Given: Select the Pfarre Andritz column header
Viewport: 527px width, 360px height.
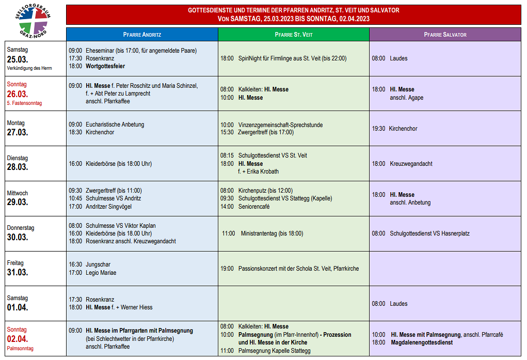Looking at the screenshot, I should tap(142, 35).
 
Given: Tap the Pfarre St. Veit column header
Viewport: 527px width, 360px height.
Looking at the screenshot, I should tap(293, 35).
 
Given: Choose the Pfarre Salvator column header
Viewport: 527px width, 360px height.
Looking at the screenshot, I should tap(445, 35).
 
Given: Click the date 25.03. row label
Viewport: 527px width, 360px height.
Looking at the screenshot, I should tap(18, 59).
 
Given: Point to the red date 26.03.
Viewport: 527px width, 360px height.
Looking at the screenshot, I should tap(18, 94).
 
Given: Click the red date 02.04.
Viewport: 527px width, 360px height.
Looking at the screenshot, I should tap(18, 339).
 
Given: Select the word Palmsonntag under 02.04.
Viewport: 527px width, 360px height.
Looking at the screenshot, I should tap(20, 349).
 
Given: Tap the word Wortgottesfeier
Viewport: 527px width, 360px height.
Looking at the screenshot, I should tap(105, 66).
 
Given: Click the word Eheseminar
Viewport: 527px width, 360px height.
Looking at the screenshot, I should tap(100, 51).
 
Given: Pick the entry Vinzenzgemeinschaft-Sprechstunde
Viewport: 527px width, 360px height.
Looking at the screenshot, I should tap(280, 124).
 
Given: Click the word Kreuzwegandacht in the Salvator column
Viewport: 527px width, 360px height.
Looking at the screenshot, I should tap(411, 164).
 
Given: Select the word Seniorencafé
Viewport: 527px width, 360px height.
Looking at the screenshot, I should tap(254, 207).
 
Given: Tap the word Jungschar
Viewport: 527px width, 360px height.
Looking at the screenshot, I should tap(98, 264).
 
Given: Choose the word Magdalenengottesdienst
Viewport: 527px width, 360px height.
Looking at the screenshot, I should tap(421, 342).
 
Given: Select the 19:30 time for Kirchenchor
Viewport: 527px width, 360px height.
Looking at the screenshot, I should tap(378, 129).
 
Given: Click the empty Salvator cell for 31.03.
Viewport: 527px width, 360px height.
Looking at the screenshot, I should tap(445, 269).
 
